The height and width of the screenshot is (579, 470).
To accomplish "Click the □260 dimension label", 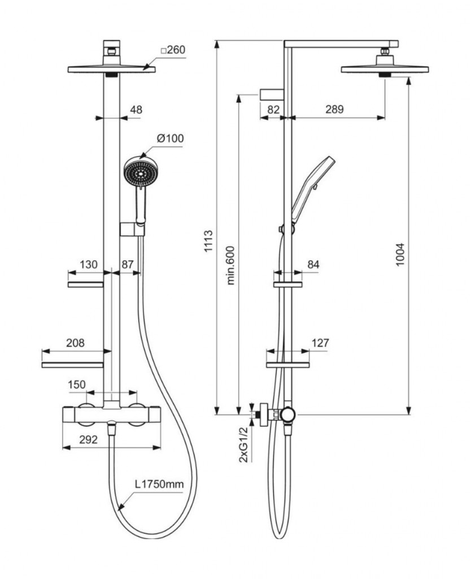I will click(173, 50).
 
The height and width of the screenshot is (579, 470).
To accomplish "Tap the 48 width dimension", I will click(136, 110).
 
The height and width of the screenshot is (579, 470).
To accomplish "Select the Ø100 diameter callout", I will click(170, 138).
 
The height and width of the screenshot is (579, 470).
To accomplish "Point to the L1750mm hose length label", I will click(159, 485).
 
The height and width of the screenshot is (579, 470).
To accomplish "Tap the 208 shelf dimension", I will click(75, 343).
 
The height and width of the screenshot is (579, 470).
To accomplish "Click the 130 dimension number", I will click(89, 264).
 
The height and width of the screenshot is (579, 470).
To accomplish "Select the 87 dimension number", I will click(128, 264).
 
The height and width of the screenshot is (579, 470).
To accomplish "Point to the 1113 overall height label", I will click(208, 241).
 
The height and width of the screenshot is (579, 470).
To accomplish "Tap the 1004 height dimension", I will click(400, 255).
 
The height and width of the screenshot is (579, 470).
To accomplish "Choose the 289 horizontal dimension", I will click(334, 110).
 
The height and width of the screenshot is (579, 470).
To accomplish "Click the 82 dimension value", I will click(273, 110).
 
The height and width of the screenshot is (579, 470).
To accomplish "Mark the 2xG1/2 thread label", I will click(243, 445).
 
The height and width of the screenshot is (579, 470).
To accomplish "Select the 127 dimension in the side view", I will click(319, 343).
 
